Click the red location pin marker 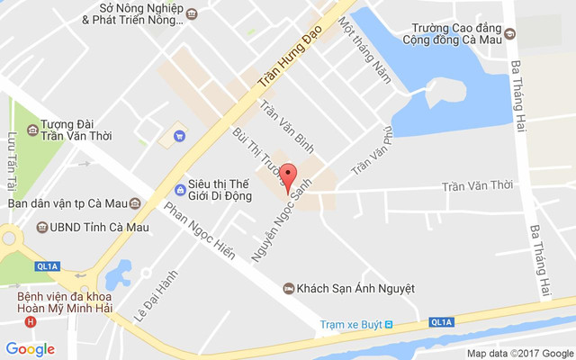288,177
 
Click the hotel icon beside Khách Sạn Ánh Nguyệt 288,288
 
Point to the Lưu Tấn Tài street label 13,161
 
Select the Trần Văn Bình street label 286,125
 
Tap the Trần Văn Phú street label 373,150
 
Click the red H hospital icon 31,322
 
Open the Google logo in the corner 30,349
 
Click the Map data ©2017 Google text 519,354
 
